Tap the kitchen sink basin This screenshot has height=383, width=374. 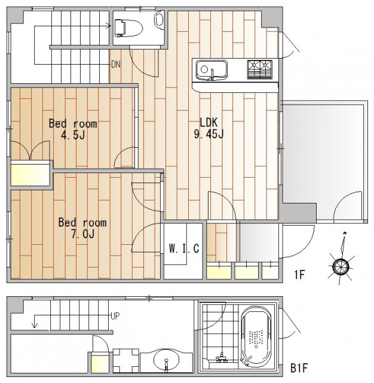pyautogui.click(x=212, y=69)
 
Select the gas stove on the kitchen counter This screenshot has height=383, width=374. pyautogui.click(x=260, y=69)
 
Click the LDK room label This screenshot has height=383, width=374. pyautogui.click(x=209, y=122)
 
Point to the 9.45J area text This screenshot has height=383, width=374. pyautogui.click(x=209, y=134)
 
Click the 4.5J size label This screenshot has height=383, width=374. pyautogui.click(x=73, y=135)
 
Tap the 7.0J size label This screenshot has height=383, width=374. pyautogui.click(x=82, y=234)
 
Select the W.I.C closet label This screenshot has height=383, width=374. pyautogui.click(x=184, y=248)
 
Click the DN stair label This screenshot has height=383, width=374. pyautogui.click(x=116, y=64)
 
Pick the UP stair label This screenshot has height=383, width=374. pyautogui.click(x=115, y=316)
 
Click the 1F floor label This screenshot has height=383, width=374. pyautogui.click(x=299, y=275)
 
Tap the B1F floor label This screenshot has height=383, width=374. pyautogui.click(x=299, y=368)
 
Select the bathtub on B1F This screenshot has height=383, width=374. pyautogui.click(x=256, y=338)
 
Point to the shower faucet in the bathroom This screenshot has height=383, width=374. pyautogui.click(x=222, y=357)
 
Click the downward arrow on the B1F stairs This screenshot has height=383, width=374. pyautogui.click(x=35, y=321)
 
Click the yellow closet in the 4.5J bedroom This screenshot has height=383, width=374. pyautogui.click(x=30, y=173)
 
